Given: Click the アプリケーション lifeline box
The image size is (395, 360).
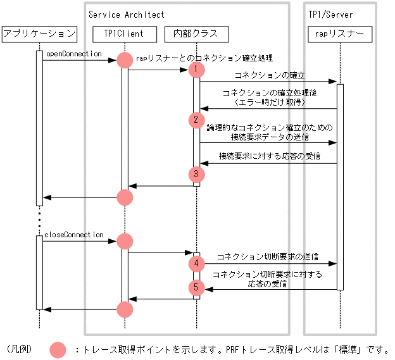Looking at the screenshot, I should coord(39,34).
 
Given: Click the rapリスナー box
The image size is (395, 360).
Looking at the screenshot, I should coord(339,34).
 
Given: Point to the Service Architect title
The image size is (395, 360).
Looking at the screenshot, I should coord(126,14).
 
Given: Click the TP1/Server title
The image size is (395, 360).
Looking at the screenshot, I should coord(330,14).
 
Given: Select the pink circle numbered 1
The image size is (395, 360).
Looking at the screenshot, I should coord(197,68).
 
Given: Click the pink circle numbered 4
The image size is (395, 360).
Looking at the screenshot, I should coord(197,262).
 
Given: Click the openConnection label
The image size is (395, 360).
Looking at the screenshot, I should coord(73,54).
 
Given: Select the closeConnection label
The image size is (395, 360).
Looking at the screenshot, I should coord(73,235).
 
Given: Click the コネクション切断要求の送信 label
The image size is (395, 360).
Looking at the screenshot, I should coord(267,258).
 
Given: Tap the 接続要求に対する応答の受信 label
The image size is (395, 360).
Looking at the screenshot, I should coord(270,156).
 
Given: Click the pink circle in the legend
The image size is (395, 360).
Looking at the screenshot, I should coord(58,349).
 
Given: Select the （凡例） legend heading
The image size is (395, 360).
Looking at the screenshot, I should coord(20,349).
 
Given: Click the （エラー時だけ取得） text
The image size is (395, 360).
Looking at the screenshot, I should coord(270,102).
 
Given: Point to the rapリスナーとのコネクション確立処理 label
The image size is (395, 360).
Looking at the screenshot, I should coord(204,58).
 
